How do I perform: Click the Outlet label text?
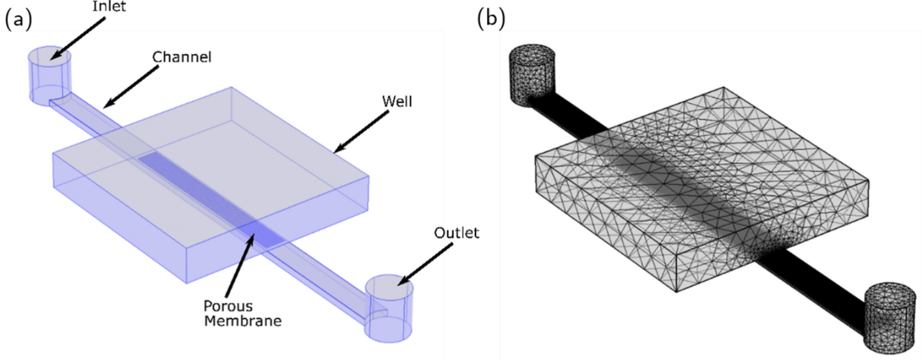[455, 233]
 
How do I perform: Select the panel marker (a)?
[18, 20]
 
